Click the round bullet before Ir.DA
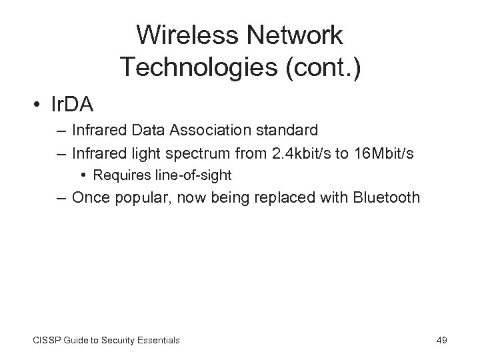[x=41, y=105]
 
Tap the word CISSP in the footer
[x=45, y=340]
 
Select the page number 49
[x=441, y=340]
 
